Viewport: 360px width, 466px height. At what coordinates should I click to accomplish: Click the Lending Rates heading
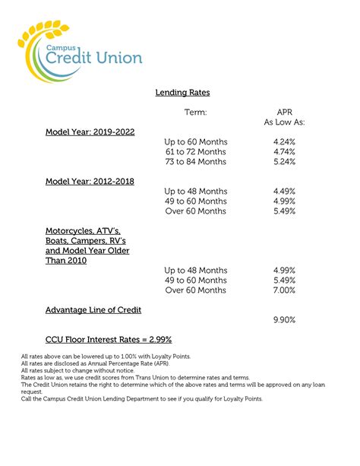coord(182,93)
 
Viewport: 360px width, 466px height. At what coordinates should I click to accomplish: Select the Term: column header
coord(195,113)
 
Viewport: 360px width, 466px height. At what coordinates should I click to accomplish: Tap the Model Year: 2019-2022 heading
coord(90,132)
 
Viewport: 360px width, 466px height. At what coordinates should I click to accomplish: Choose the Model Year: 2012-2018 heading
coord(90,181)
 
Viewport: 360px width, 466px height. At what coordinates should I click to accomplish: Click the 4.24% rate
coord(284,142)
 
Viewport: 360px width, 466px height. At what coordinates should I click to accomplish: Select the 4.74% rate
coord(284,152)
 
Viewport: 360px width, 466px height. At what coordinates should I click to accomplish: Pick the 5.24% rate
coord(284,162)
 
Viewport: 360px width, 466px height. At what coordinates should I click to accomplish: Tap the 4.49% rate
coord(284,192)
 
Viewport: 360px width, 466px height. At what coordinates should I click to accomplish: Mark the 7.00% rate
coord(284,290)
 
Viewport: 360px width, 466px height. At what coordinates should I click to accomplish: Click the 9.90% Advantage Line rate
coord(284,320)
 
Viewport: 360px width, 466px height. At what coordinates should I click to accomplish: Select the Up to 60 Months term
coord(195,142)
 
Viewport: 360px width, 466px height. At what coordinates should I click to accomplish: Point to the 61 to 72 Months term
coord(195,152)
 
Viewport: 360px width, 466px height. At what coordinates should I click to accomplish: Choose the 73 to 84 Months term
coord(195,162)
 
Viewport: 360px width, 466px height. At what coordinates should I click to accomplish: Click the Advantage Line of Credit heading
coord(93,310)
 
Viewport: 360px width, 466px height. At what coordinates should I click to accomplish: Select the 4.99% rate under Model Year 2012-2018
coord(284,201)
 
